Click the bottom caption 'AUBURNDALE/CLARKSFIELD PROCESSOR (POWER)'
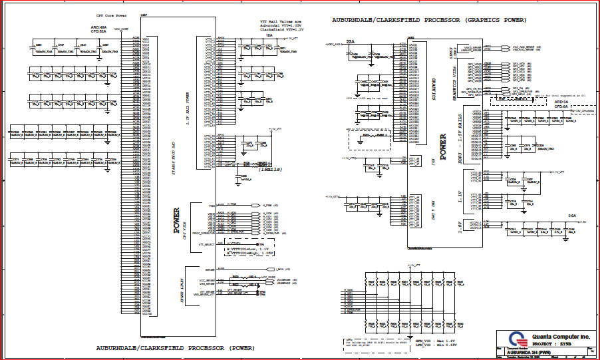[174, 347]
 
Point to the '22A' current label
[350, 42]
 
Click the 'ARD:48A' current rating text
[98, 27]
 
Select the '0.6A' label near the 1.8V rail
[572, 215]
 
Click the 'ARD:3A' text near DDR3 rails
[561, 101]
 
